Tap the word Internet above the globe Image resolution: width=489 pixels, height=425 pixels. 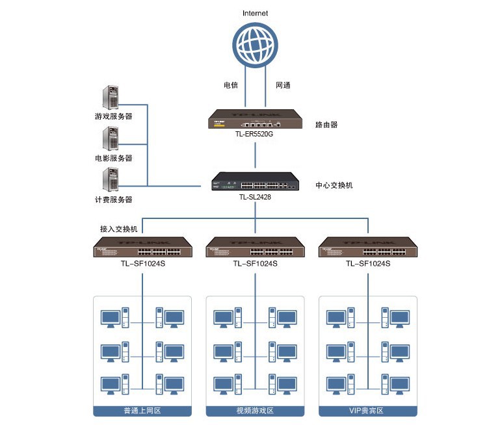pos(255,13)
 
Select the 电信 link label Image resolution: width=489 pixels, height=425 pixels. pos(230,85)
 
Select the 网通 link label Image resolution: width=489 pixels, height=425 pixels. pos(283,85)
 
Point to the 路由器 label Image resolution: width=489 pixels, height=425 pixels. pos(326,124)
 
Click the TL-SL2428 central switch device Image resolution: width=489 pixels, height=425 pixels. pos(255,181)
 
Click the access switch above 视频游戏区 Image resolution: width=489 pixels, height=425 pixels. pos(255,248)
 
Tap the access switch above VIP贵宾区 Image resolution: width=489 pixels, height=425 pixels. pos(368,248)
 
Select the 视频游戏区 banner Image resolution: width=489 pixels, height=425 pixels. pos(255,411)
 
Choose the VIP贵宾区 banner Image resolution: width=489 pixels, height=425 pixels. pos(368,411)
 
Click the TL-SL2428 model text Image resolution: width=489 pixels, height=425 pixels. pos(255,197)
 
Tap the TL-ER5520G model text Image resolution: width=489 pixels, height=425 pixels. pos(255,135)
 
